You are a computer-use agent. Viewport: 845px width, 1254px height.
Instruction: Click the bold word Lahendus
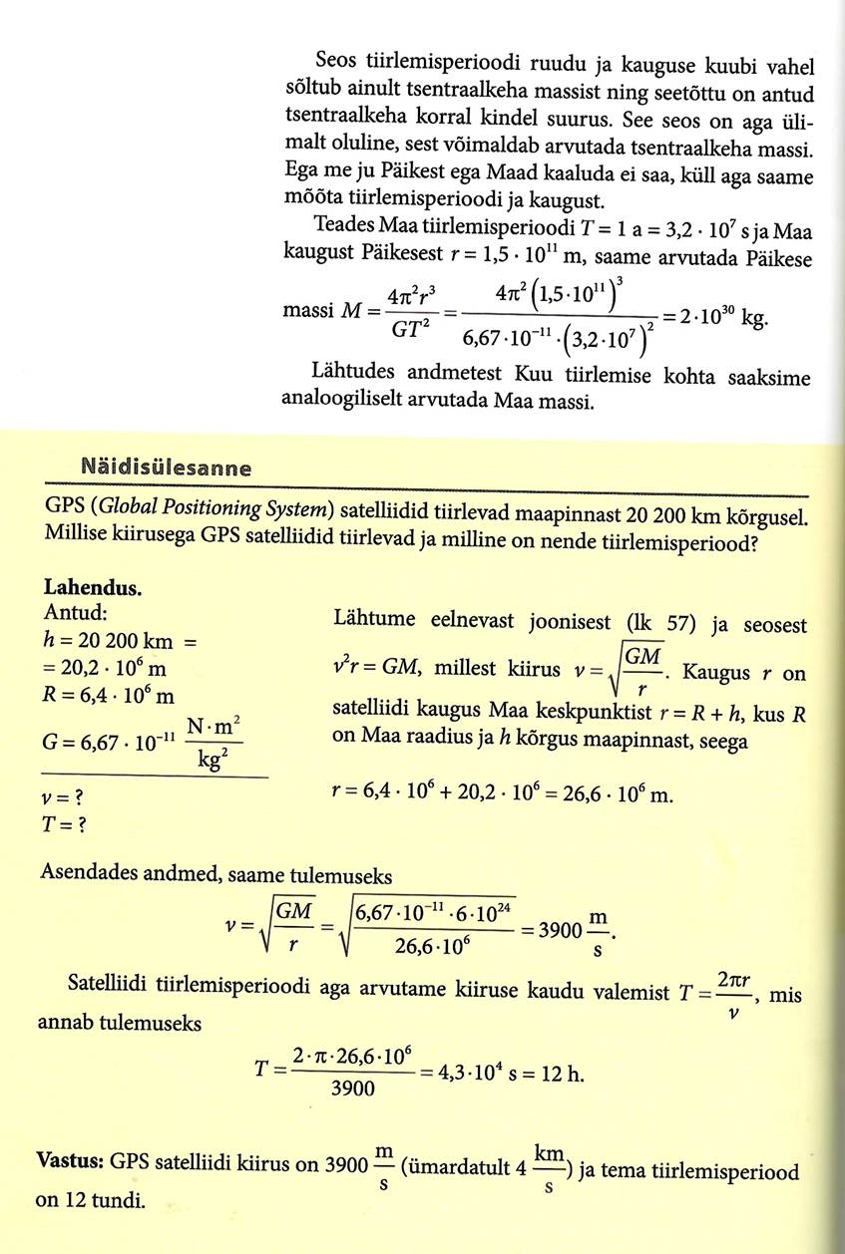(x=93, y=587)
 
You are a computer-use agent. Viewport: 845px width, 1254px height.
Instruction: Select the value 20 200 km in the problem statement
(x=680, y=512)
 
